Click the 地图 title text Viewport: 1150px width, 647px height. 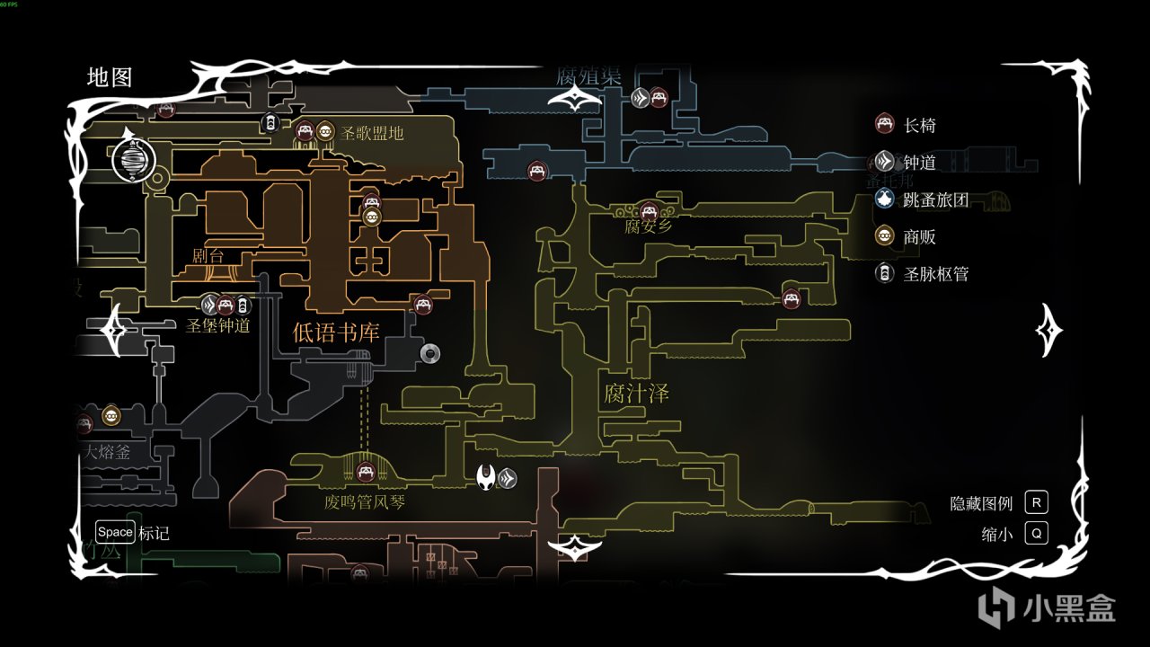click(x=110, y=77)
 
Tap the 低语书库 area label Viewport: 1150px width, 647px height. click(x=336, y=332)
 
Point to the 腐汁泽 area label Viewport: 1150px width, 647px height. click(x=636, y=394)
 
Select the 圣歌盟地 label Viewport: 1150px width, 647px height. click(x=372, y=133)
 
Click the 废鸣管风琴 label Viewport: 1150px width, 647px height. click(x=365, y=501)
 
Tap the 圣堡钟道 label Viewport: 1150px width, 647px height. click(x=218, y=325)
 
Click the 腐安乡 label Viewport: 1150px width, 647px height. click(x=648, y=226)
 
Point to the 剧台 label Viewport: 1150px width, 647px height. click(x=208, y=256)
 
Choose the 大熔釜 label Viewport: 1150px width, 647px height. click(x=108, y=452)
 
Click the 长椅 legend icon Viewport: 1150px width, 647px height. click(x=885, y=125)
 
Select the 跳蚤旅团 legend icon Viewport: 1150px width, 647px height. click(x=885, y=199)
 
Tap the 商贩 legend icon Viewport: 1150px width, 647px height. click(x=885, y=236)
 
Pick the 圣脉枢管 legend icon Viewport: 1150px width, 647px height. click(x=885, y=273)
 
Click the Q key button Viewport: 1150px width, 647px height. click(x=1036, y=534)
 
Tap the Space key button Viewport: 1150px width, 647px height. click(x=115, y=532)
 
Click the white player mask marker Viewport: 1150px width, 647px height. click(x=487, y=476)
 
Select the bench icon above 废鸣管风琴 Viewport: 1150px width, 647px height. click(x=365, y=471)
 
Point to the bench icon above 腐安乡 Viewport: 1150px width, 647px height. click(x=648, y=210)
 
